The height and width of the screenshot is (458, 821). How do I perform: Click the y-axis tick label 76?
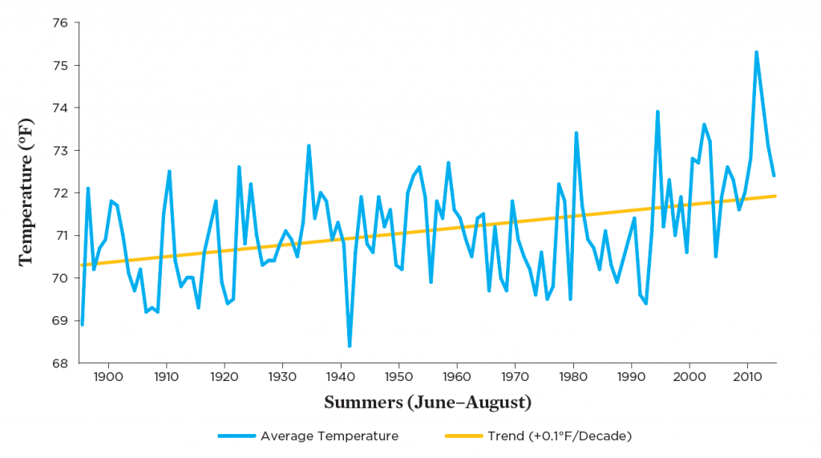pyautogui.click(x=58, y=22)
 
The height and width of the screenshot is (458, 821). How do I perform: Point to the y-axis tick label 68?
pyautogui.click(x=58, y=363)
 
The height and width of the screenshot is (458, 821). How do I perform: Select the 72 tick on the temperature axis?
pyautogui.click(x=58, y=193)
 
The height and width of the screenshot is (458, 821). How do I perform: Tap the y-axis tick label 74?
pyautogui.click(x=58, y=107)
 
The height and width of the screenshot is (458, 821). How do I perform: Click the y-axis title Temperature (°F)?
pyautogui.click(x=26, y=193)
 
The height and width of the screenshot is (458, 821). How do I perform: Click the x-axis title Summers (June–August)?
pyautogui.click(x=427, y=402)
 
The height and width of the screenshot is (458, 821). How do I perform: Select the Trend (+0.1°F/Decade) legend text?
pyautogui.click(x=560, y=436)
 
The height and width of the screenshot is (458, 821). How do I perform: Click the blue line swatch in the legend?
pyautogui.click(x=237, y=436)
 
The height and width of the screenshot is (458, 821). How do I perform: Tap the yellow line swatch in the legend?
pyautogui.click(x=463, y=436)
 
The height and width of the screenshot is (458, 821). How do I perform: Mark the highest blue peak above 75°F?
pyautogui.click(x=756, y=52)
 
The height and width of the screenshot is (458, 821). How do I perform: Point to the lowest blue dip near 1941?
pyautogui.click(x=350, y=346)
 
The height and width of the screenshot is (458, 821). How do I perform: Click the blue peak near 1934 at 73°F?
pyautogui.click(x=309, y=146)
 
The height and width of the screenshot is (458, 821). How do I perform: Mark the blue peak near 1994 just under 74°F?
pyautogui.click(x=657, y=111)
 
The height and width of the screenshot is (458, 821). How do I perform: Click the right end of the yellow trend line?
pyautogui.click(x=774, y=196)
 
